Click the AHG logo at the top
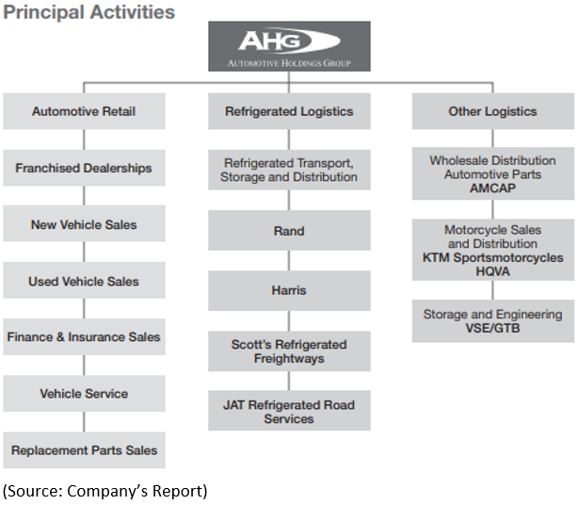coord(289,46)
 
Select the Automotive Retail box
coord(85,111)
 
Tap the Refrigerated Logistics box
coord(289,111)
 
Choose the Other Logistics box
coord(492,111)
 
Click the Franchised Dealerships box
coord(85,168)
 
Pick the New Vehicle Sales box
coord(85,223)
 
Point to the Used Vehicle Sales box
coord(85,281)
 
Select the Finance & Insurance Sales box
coord(85,336)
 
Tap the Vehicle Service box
coord(85,394)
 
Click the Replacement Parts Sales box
coord(85,450)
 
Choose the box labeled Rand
coord(289,231)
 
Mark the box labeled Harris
coord(289,290)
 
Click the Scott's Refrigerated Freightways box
coord(289,351)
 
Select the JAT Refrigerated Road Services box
coord(289,411)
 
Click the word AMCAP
coord(492,188)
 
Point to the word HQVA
coord(492,271)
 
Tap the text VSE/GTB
coord(492,328)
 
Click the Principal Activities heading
coord(88,12)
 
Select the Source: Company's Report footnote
coord(105,491)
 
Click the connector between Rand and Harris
coord(289,261)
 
